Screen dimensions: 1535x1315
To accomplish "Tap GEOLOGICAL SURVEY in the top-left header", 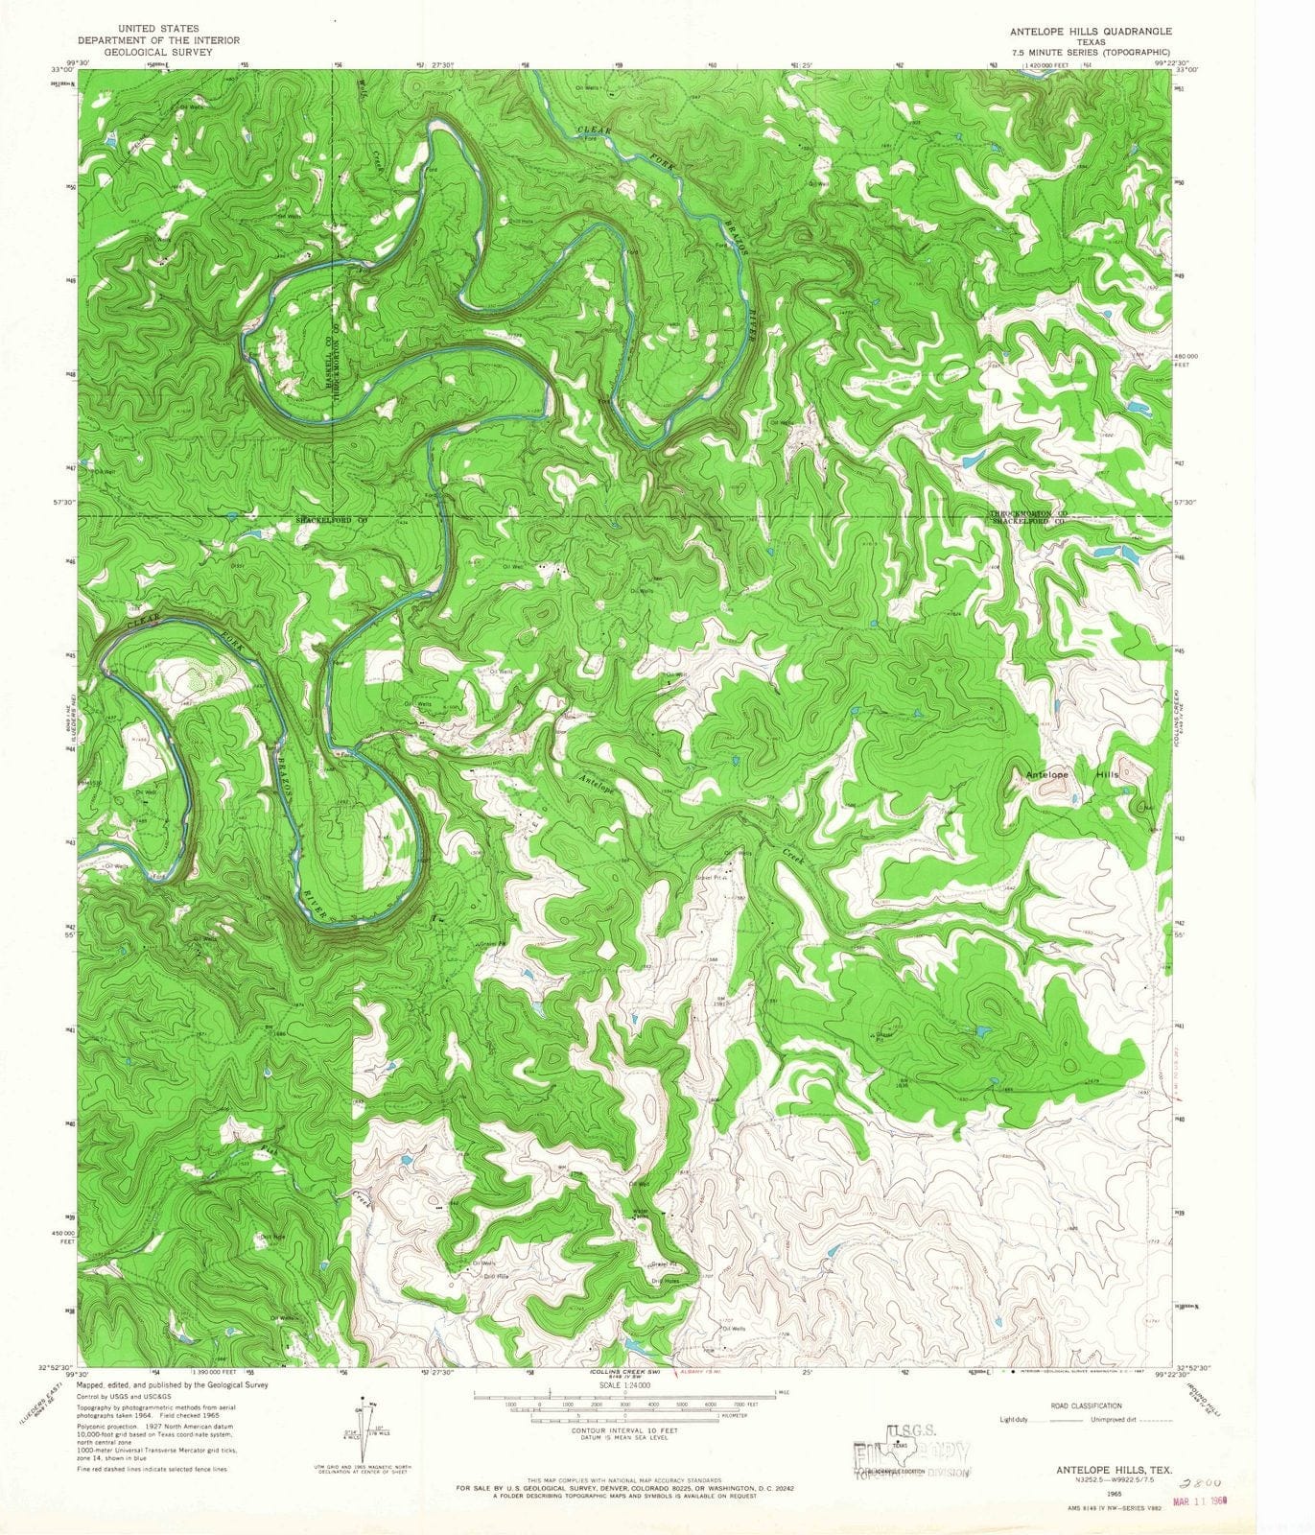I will (158, 52).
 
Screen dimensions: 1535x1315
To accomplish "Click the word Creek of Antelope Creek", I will (792, 853).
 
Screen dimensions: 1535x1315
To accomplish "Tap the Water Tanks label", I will (642, 1213).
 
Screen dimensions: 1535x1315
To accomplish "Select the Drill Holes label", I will (665, 1281).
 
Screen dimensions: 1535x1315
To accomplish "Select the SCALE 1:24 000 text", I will (624, 1385).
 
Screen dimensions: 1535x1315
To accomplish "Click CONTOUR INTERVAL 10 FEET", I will (624, 1429).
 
